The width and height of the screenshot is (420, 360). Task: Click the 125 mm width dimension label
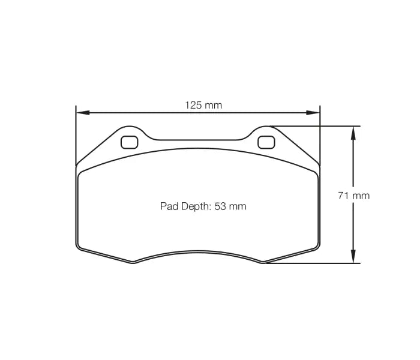click(x=203, y=105)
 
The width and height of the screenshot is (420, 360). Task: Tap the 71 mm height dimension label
click(x=353, y=195)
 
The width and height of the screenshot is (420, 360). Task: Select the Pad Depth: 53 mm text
click(x=203, y=206)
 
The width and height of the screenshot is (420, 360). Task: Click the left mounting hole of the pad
click(x=129, y=142)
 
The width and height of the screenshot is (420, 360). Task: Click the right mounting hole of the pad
click(x=266, y=142)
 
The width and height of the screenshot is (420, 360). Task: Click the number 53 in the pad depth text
click(x=220, y=206)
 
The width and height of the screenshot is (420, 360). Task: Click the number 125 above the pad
click(x=193, y=105)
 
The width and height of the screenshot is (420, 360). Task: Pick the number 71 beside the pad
click(x=343, y=195)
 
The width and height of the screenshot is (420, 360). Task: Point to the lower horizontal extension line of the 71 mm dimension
click(x=312, y=263)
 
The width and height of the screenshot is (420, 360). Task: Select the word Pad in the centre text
click(x=168, y=206)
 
